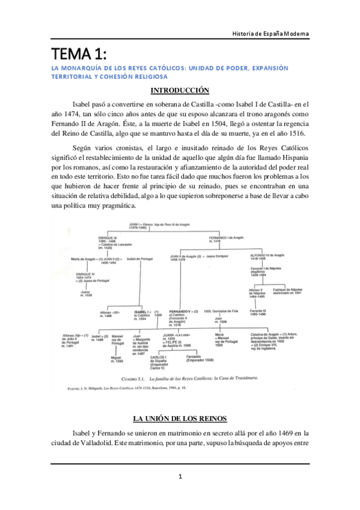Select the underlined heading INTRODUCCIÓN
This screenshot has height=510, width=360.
[x=179, y=91]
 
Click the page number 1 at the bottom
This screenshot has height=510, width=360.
[x=180, y=477]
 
